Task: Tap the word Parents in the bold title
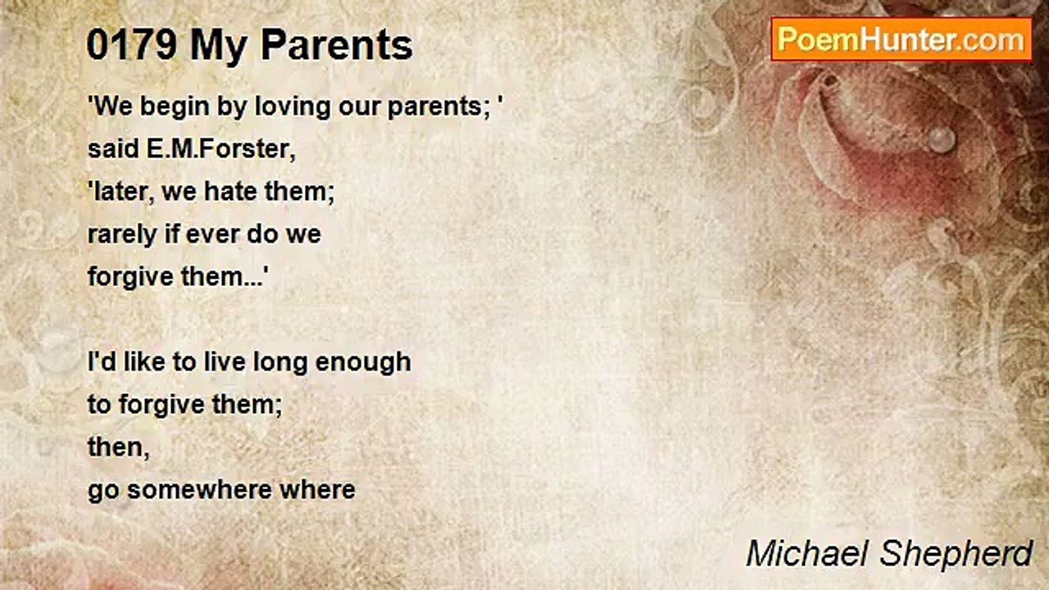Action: (337, 45)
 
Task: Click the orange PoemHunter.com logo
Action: (901, 40)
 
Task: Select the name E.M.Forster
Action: (221, 149)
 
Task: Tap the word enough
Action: (363, 363)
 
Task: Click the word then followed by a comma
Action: (119, 447)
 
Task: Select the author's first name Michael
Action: (808, 554)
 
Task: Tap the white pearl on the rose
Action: (940, 139)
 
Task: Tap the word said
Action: (112, 149)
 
